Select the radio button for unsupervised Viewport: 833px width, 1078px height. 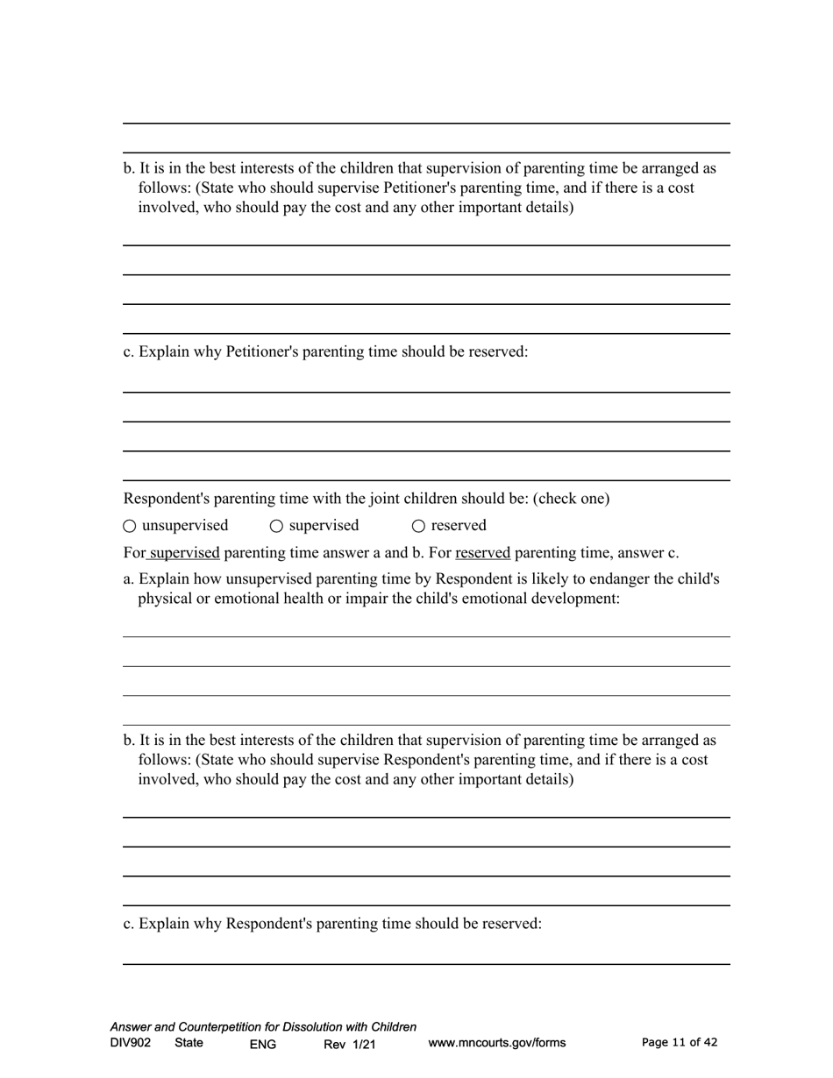click(x=130, y=526)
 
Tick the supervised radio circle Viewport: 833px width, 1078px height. click(x=276, y=526)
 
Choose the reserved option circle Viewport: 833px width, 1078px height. click(x=418, y=526)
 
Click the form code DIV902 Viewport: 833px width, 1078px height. click(x=131, y=1043)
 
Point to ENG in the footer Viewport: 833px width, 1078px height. click(x=262, y=1044)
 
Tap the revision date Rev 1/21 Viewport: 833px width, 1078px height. click(x=349, y=1044)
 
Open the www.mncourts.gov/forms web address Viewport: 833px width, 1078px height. click(x=496, y=1043)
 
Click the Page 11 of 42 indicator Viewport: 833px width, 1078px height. click(x=680, y=1042)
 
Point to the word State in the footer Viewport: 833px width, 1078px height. click(x=189, y=1043)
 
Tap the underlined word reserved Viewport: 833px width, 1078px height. click(x=482, y=553)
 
